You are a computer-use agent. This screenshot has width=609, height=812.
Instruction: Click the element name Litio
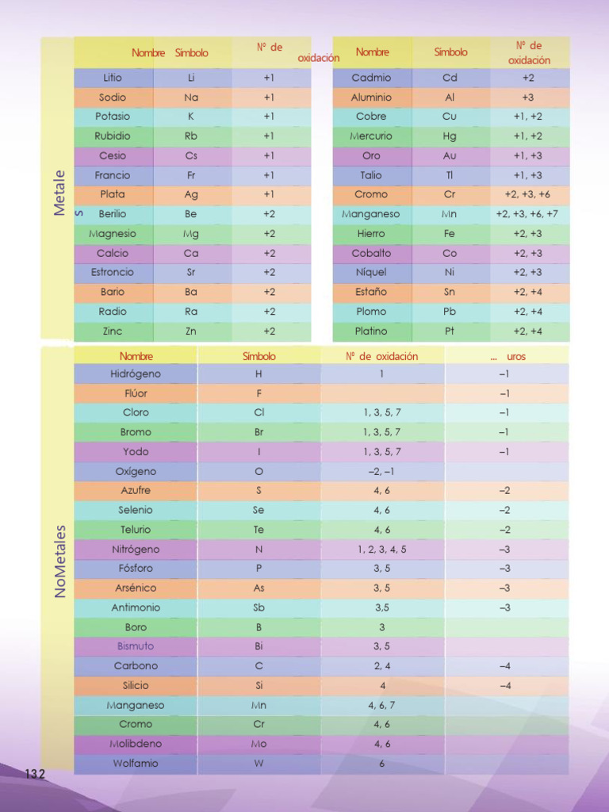113,78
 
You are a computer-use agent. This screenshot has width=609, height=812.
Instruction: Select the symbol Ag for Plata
190,195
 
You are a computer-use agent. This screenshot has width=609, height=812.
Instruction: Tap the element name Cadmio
371,78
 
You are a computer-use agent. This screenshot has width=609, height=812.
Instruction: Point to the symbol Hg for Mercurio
449,136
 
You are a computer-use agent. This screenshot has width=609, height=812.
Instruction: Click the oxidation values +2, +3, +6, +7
527,214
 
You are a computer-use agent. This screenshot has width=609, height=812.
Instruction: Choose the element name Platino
371,331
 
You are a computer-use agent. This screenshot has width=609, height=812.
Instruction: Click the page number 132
35,774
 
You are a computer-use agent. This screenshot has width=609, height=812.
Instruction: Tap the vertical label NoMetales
60,561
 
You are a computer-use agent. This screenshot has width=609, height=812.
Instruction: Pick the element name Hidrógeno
136,374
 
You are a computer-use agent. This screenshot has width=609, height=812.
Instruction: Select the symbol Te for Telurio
259,529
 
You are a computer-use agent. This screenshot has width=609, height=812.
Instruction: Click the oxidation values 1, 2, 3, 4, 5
381,550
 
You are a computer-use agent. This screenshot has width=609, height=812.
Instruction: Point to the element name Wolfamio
136,764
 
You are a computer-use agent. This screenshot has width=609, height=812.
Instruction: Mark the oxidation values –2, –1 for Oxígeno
381,471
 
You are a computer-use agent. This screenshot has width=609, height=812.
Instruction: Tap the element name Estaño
371,292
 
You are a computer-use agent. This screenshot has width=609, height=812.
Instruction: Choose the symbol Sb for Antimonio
259,607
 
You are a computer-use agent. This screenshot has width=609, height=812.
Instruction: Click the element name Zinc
113,331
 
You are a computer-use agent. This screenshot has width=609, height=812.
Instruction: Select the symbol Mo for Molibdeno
259,744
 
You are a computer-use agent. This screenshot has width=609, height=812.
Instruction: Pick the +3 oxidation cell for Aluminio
527,98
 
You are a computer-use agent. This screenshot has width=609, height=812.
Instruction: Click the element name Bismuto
136,646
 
